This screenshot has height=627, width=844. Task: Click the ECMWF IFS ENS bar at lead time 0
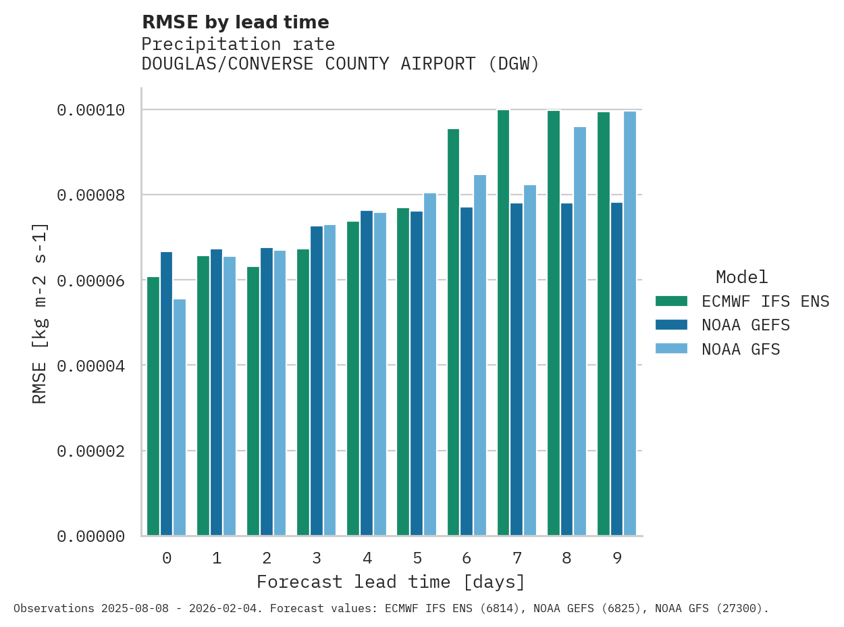tap(153, 405)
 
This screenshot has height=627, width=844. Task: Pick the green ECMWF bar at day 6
tap(453, 332)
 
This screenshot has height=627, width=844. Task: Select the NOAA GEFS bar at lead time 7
tap(517, 369)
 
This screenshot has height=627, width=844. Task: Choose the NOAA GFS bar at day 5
tap(430, 364)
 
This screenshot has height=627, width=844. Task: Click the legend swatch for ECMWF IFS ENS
tap(671, 301)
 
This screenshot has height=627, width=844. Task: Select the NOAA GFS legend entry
tap(741, 349)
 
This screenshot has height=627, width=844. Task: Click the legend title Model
tap(741, 277)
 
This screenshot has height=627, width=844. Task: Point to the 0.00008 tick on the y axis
tap(90, 195)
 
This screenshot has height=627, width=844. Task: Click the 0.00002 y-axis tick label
tap(90, 451)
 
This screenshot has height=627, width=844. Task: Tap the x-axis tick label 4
tap(367, 558)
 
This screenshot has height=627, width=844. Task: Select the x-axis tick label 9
tap(617, 558)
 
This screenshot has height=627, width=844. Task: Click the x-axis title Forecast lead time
tap(390, 582)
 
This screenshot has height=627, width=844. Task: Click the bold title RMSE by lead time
tap(235, 22)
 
